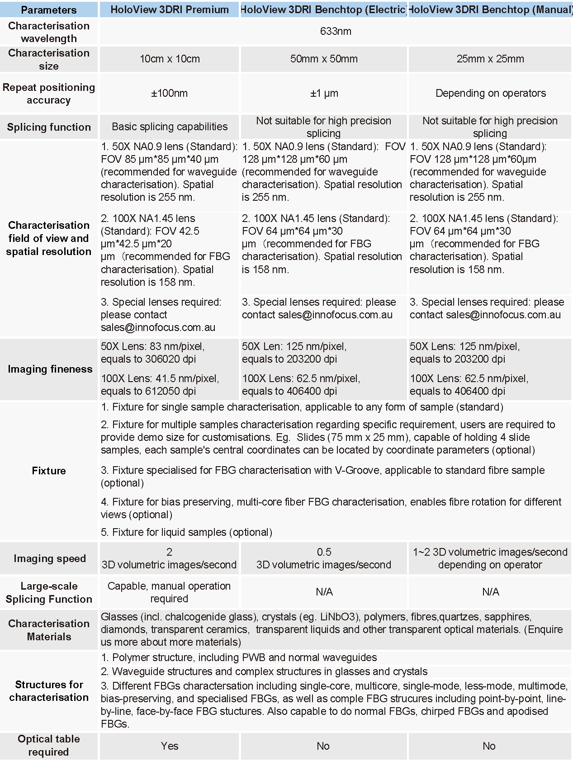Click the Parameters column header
49,9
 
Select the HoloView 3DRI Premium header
170,9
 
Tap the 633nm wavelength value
335,31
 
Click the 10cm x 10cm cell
170,59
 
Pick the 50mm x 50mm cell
324,59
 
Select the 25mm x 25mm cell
490,59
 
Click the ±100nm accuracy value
170,93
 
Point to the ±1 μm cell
324,93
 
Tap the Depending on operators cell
490,93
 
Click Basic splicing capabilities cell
170,127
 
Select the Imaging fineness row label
50,369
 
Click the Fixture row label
49,471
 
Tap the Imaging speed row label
50,558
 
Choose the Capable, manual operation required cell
169,592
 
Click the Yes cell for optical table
170,746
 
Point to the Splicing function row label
49,127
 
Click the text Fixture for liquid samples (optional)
186,532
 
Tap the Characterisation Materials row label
49,630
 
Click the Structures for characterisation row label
49,690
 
